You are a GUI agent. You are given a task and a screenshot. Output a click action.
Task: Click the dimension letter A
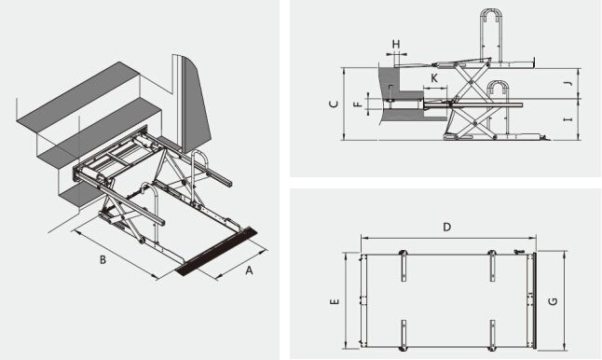point(249,270)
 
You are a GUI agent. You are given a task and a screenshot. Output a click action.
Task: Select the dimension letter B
point(103,260)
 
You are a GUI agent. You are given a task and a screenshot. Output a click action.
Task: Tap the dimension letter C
point(335,104)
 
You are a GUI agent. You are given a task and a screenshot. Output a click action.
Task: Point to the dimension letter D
point(447,227)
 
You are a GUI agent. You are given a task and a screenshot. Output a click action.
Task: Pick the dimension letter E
point(335,301)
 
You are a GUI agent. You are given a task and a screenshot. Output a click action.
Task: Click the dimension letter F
point(358,104)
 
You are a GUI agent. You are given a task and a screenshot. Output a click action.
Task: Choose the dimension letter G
point(554,301)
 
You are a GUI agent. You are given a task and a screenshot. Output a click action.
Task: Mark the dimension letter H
point(396,44)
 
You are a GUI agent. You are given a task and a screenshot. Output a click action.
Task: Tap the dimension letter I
point(568,119)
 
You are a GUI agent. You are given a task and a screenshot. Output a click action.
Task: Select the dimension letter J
point(569,83)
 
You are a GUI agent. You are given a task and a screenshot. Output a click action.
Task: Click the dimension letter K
point(434,78)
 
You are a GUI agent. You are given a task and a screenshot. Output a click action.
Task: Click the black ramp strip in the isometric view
point(216,251)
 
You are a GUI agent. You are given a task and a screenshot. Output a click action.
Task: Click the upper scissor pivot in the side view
point(470,82)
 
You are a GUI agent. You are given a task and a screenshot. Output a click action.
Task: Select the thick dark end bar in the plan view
point(534,301)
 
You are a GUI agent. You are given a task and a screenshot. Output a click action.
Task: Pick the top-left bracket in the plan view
point(404,266)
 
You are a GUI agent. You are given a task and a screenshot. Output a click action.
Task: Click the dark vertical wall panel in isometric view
point(197,104)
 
